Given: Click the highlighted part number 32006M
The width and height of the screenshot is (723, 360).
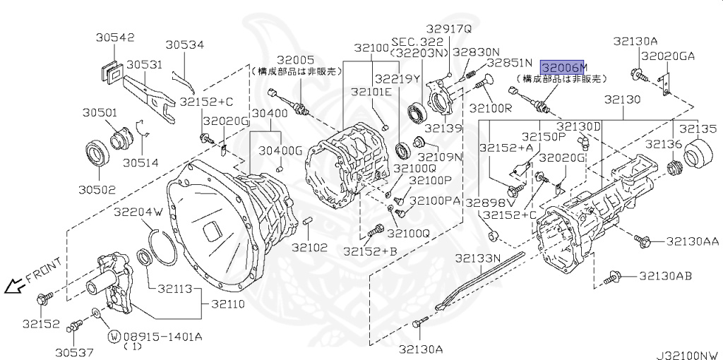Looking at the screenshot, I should click(563, 67).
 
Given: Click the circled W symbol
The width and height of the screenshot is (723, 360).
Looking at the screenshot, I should click(113, 336).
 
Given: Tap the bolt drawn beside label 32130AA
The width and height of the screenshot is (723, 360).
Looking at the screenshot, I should click(642, 241).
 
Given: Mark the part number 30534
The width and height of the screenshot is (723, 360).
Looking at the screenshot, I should click(185, 45).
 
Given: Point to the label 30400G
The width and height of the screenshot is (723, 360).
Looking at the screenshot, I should click(280, 150).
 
